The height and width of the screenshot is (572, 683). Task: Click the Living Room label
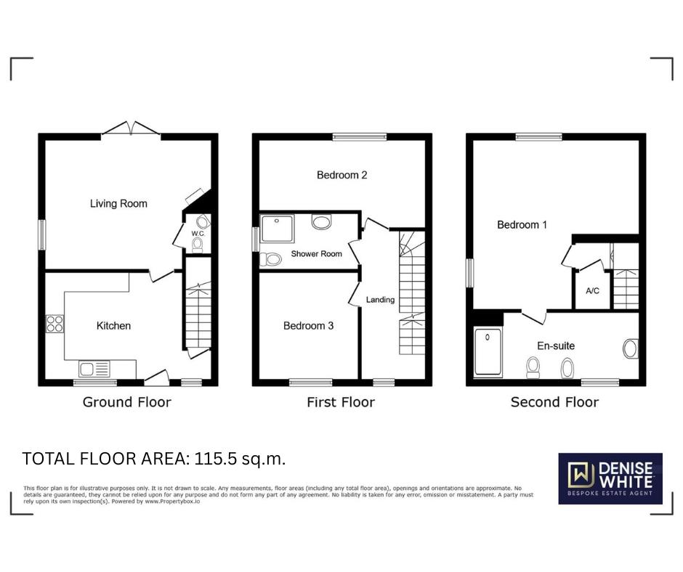118,203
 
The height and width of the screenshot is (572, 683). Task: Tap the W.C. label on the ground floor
198,234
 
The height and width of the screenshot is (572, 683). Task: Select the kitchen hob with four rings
55,324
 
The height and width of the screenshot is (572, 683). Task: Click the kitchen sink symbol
96,369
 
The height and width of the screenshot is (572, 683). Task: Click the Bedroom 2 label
341,175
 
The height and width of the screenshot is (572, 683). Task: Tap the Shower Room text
316,254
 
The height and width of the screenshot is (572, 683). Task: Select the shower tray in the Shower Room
277,227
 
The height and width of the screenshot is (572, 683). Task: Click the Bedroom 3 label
308,326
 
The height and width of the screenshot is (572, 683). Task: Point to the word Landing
380,300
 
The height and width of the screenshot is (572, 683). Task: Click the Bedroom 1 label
522,225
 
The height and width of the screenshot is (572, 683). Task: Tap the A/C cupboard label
592,291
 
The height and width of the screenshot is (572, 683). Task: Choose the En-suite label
556,346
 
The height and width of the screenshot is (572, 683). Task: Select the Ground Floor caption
126,402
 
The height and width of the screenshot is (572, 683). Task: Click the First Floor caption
341,402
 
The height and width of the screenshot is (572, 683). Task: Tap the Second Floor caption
554,402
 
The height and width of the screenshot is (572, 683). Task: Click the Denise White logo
610,478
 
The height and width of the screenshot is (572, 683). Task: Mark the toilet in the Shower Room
272,259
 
